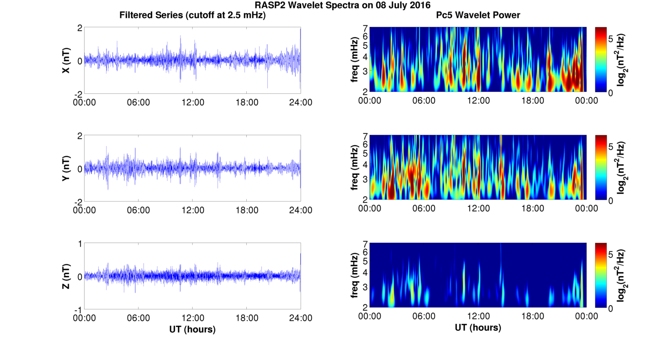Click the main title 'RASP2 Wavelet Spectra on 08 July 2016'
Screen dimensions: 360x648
(342, 5)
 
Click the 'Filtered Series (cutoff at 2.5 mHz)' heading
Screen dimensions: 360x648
(192, 16)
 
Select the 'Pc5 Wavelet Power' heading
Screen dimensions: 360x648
(478, 16)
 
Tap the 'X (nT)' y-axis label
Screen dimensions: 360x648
(66, 60)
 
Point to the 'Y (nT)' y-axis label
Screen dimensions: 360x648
(66, 168)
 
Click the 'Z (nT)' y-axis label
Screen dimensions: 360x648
(66, 276)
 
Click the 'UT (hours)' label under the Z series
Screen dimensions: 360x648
(192, 329)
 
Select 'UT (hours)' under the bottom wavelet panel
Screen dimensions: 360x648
(478, 328)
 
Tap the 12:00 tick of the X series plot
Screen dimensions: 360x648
(193, 102)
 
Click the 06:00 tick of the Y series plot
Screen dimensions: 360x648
(138, 210)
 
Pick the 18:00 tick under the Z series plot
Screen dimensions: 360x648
(247, 318)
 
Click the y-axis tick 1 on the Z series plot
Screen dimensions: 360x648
(80, 244)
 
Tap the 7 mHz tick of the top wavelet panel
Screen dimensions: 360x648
(365, 28)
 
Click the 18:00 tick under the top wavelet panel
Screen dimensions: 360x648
(532, 101)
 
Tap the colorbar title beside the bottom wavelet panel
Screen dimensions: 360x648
(622, 276)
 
